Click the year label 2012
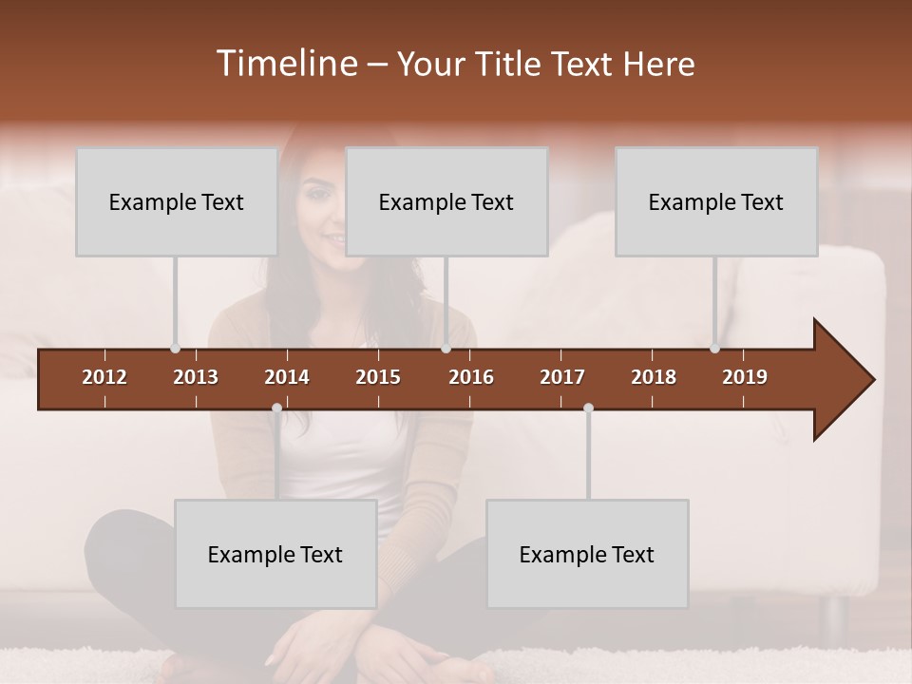click(104, 377)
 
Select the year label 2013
click(196, 377)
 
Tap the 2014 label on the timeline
click(287, 377)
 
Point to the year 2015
click(378, 377)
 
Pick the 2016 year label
click(471, 377)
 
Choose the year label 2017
click(562, 377)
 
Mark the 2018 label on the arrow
click(654, 377)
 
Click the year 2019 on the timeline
click(745, 377)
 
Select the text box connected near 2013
click(177, 201)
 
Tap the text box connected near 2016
click(446, 201)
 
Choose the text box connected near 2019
click(716, 201)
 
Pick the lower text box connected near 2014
click(275, 554)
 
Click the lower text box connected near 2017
click(587, 554)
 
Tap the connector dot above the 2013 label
click(175, 349)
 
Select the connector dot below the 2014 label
click(276, 408)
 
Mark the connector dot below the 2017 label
click(588, 408)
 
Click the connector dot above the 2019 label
click(714, 349)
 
